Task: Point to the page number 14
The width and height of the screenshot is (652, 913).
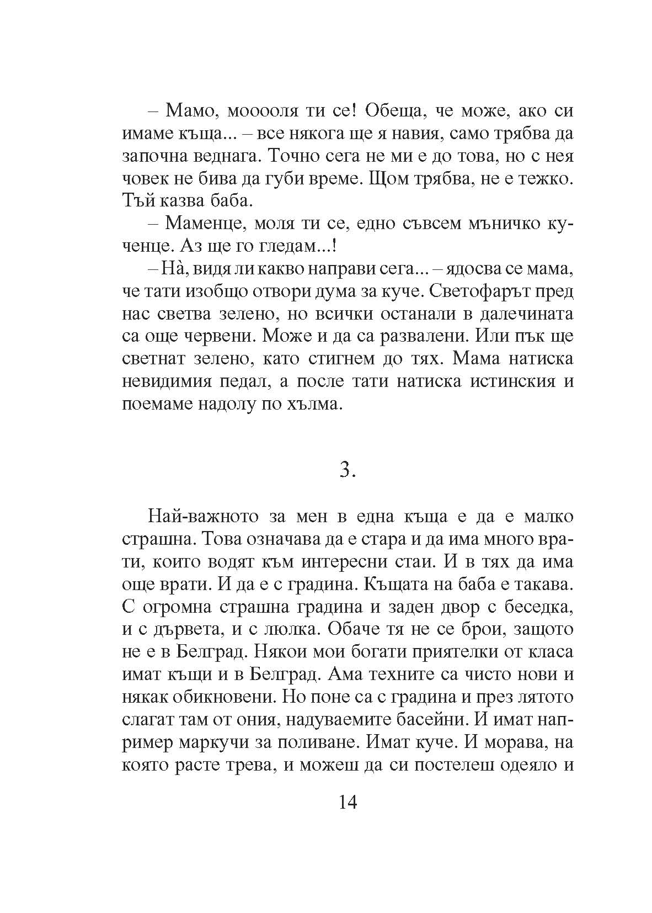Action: pos(345,801)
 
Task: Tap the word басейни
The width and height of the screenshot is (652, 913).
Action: pos(445,719)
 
